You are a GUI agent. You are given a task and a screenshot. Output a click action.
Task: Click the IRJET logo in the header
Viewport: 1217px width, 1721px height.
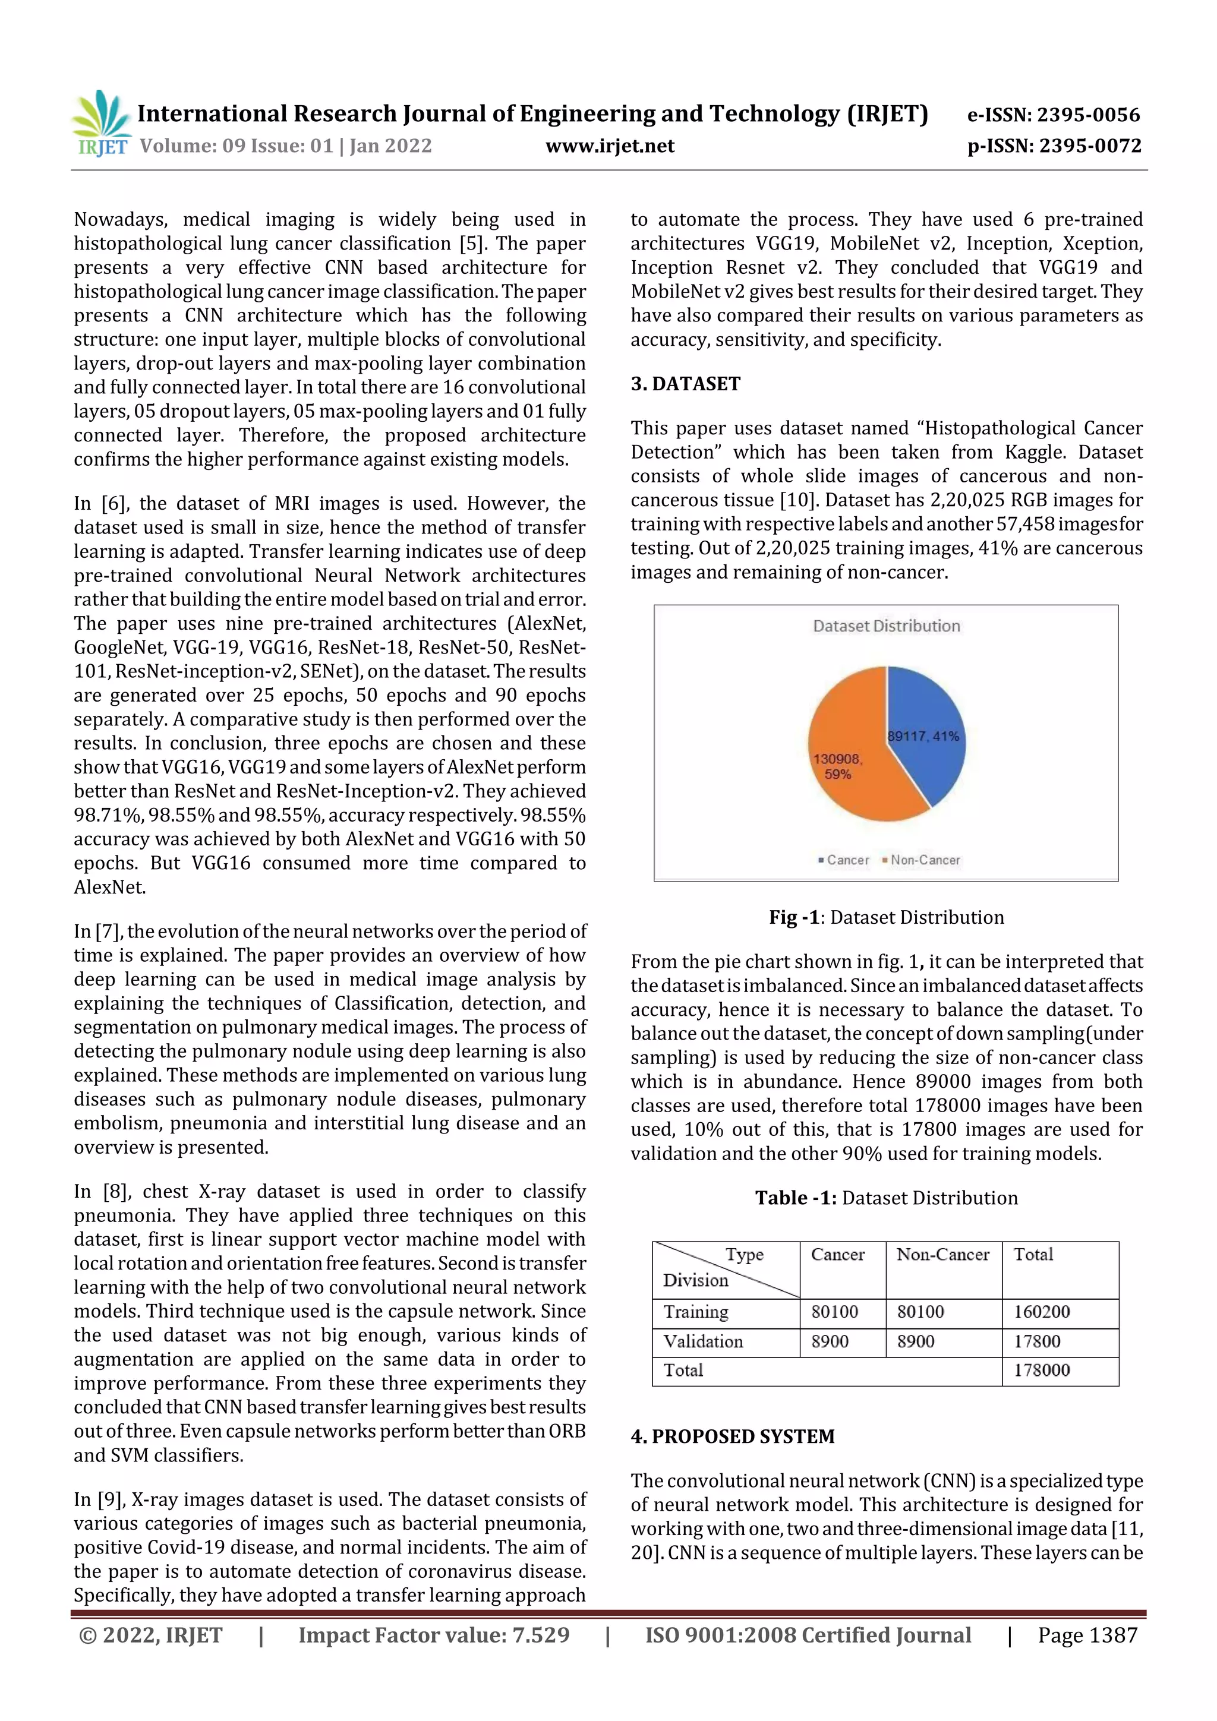pyautogui.click(x=101, y=124)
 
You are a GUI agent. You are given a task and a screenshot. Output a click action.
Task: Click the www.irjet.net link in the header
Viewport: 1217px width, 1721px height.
pyautogui.click(x=610, y=146)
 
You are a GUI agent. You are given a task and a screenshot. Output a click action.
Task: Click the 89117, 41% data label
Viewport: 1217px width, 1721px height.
pyautogui.click(x=923, y=736)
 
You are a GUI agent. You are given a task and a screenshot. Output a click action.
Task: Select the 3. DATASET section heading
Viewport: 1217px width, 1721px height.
pyautogui.click(x=685, y=384)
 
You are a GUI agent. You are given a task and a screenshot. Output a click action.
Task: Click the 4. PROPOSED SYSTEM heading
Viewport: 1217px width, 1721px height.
pyautogui.click(x=732, y=1436)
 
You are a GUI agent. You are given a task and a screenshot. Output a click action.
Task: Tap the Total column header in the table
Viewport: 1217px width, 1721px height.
pyautogui.click(x=1033, y=1255)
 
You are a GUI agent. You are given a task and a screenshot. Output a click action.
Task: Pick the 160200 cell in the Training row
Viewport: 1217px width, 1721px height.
pyautogui.click(x=1042, y=1312)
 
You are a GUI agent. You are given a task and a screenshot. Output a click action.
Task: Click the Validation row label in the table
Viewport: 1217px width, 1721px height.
pyautogui.click(x=702, y=1341)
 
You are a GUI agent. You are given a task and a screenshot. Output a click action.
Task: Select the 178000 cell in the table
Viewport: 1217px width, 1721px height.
pyautogui.click(x=1042, y=1370)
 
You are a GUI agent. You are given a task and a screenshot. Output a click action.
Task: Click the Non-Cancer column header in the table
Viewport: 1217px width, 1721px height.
pyautogui.click(x=942, y=1255)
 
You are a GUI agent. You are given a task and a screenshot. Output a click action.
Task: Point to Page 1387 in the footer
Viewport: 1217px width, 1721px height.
pyautogui.click(x=1087, y=1635)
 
